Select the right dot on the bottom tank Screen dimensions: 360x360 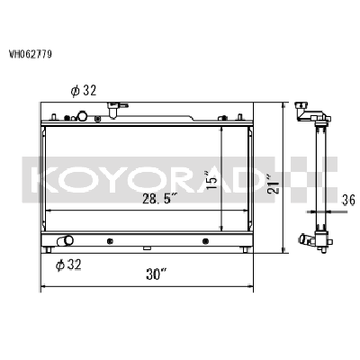pyautogui.click(x=205, y=240)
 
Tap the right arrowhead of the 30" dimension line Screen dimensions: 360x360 pyautogui.click(x=253, y=289)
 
